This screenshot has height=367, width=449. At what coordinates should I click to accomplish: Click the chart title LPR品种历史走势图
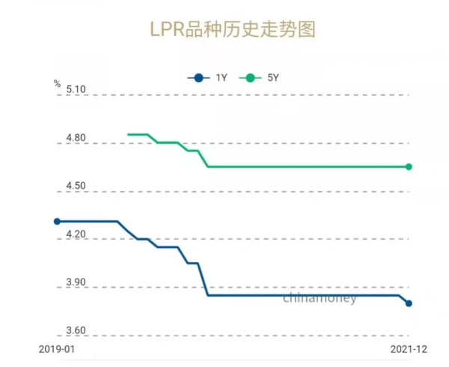(x=224, y=29)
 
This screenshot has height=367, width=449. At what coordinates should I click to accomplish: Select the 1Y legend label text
(x=222, y=77)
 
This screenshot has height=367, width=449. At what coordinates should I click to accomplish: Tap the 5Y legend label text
(x=273, y=77)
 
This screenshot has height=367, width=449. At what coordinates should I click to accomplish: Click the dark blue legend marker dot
(x=198, y=77)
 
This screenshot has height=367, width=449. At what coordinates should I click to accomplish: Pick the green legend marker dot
(x=249, y=77)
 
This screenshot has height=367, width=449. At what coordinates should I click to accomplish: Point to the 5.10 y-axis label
(x=76, y=90)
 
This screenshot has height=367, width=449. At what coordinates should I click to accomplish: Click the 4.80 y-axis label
(x=76, y=139)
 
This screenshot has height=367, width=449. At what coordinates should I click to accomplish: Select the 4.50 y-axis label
(x=76, y=186)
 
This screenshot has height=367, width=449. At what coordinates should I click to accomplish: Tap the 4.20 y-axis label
(x=76, y=234)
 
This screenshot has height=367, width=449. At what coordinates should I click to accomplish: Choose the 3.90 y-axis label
(x=76, y=283)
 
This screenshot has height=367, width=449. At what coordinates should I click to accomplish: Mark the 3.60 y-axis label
(x=76, y=331)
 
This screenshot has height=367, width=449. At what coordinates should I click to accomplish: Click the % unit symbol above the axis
(x=57, y=84)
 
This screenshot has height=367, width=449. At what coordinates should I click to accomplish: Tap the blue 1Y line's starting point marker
(x=57, y=221)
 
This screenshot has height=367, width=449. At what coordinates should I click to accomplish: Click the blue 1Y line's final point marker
(x=409, y=303)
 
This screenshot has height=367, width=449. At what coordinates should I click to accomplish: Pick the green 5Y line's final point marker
(x=409, y=166)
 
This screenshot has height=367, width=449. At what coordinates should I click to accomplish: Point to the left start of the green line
(x=129, y=135)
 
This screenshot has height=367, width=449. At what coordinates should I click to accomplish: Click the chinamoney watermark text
(x=320, y=298)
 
